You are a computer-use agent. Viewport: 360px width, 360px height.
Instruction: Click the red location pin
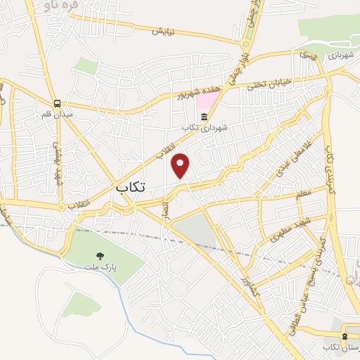tap(181, 166)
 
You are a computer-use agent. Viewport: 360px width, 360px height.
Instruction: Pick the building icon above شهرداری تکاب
tap(204, 116)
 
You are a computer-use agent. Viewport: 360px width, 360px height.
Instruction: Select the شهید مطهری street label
tap(281, 236)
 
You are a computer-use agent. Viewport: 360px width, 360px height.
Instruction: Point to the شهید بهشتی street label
tap(58, 157)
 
